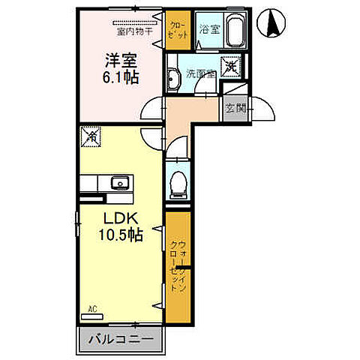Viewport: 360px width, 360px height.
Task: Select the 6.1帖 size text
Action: tap(120, 76)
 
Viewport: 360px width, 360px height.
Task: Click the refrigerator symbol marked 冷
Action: tap(91, 136)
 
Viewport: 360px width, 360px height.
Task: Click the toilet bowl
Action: tap(178, 182)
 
